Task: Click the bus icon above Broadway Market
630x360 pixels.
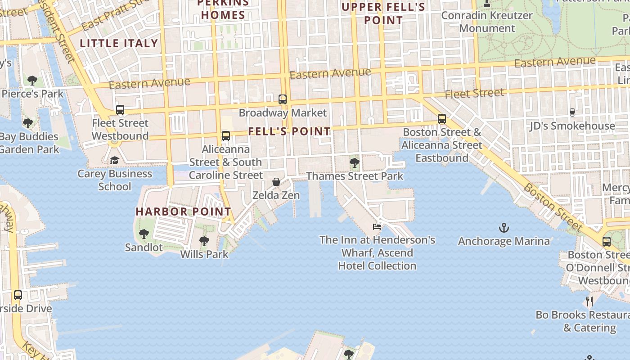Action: [283, 99]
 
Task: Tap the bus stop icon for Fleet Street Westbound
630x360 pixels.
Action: [120, 110]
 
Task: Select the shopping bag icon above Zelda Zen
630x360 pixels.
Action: [276, 182]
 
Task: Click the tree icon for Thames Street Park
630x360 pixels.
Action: [355, 163]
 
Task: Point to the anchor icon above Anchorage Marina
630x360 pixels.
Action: [504, 228]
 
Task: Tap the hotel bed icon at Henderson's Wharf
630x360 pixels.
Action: [377, 227]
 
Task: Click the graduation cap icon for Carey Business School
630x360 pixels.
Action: [114, 161]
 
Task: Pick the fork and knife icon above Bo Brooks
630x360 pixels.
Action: [589, 301]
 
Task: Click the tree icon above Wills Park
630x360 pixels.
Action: [204, 241]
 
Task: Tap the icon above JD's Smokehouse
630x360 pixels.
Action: [572, 112]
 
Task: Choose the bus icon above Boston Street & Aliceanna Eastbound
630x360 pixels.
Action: [442, 119]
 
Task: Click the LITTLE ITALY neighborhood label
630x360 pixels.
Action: [119, 44]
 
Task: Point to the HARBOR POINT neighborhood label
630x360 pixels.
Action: [183, 211]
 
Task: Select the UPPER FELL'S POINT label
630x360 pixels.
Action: [383, 13]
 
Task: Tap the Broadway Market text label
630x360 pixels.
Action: [283, 113]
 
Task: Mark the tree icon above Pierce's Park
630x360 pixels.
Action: [32, 81]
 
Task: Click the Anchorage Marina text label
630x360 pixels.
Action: [504, 241]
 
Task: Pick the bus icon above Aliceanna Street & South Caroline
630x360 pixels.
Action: [226, 136]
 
